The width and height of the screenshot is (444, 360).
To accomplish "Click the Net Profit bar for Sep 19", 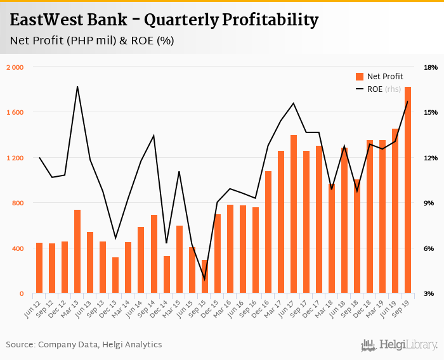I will tap(408, 190).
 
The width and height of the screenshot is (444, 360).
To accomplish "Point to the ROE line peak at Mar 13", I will tap(77, 87).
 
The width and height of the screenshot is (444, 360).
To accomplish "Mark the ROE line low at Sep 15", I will tap(204, 279).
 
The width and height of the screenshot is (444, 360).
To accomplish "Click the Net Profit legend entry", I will tap(379, 77).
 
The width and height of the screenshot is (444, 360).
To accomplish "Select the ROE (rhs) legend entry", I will tap(379, 89).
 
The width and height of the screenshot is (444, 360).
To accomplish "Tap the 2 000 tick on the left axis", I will tap(15, 67).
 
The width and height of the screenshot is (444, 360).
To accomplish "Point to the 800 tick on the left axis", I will tap(17, 203).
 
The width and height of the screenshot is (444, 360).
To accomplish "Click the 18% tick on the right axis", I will tap(431, 67).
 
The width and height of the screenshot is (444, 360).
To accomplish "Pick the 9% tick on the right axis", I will tap(431, 203).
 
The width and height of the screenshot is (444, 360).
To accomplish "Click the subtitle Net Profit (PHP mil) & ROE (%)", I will tap(92, 41).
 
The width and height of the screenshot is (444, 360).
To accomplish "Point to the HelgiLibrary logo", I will tap(400, 345).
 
